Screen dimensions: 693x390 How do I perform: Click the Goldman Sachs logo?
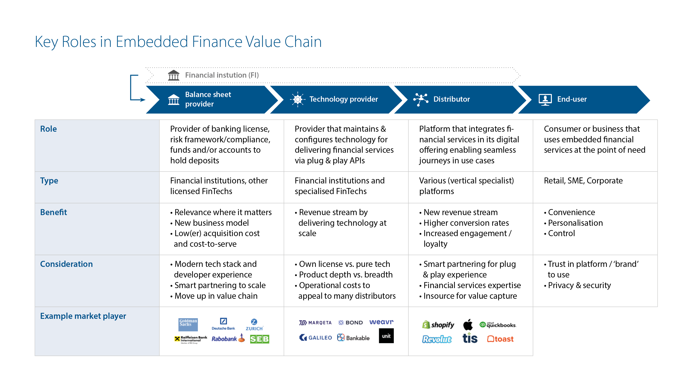[x=188, y=324]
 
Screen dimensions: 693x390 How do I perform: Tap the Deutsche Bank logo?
[x=223, y=324]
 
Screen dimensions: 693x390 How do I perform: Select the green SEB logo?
[x=259, y=339]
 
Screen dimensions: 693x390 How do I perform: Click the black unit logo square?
[x=386, y=336]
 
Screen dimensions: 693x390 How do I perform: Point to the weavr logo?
[x=381, y=322]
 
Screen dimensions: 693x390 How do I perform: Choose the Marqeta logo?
[x=315, y=323]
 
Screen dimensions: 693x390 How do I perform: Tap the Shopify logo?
[x=438, y=325]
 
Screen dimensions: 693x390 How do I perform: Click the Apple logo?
[x=468, y=325]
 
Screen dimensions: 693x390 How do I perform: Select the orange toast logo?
[x=500, y=339]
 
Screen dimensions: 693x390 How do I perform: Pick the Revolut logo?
[x=437, y=339]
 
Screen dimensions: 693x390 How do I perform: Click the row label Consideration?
[x=67, y=264]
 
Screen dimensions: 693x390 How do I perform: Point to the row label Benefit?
[x=54, y=212]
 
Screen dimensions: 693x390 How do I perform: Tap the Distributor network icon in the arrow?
[x=421, y=100]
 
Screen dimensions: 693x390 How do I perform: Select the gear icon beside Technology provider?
[x=298, y=100]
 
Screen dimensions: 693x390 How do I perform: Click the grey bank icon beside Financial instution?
[x=173, y=75]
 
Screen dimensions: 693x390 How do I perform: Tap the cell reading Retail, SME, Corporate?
[x=583, y=181]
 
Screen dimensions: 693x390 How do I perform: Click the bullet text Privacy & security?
[x=580, y=285]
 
